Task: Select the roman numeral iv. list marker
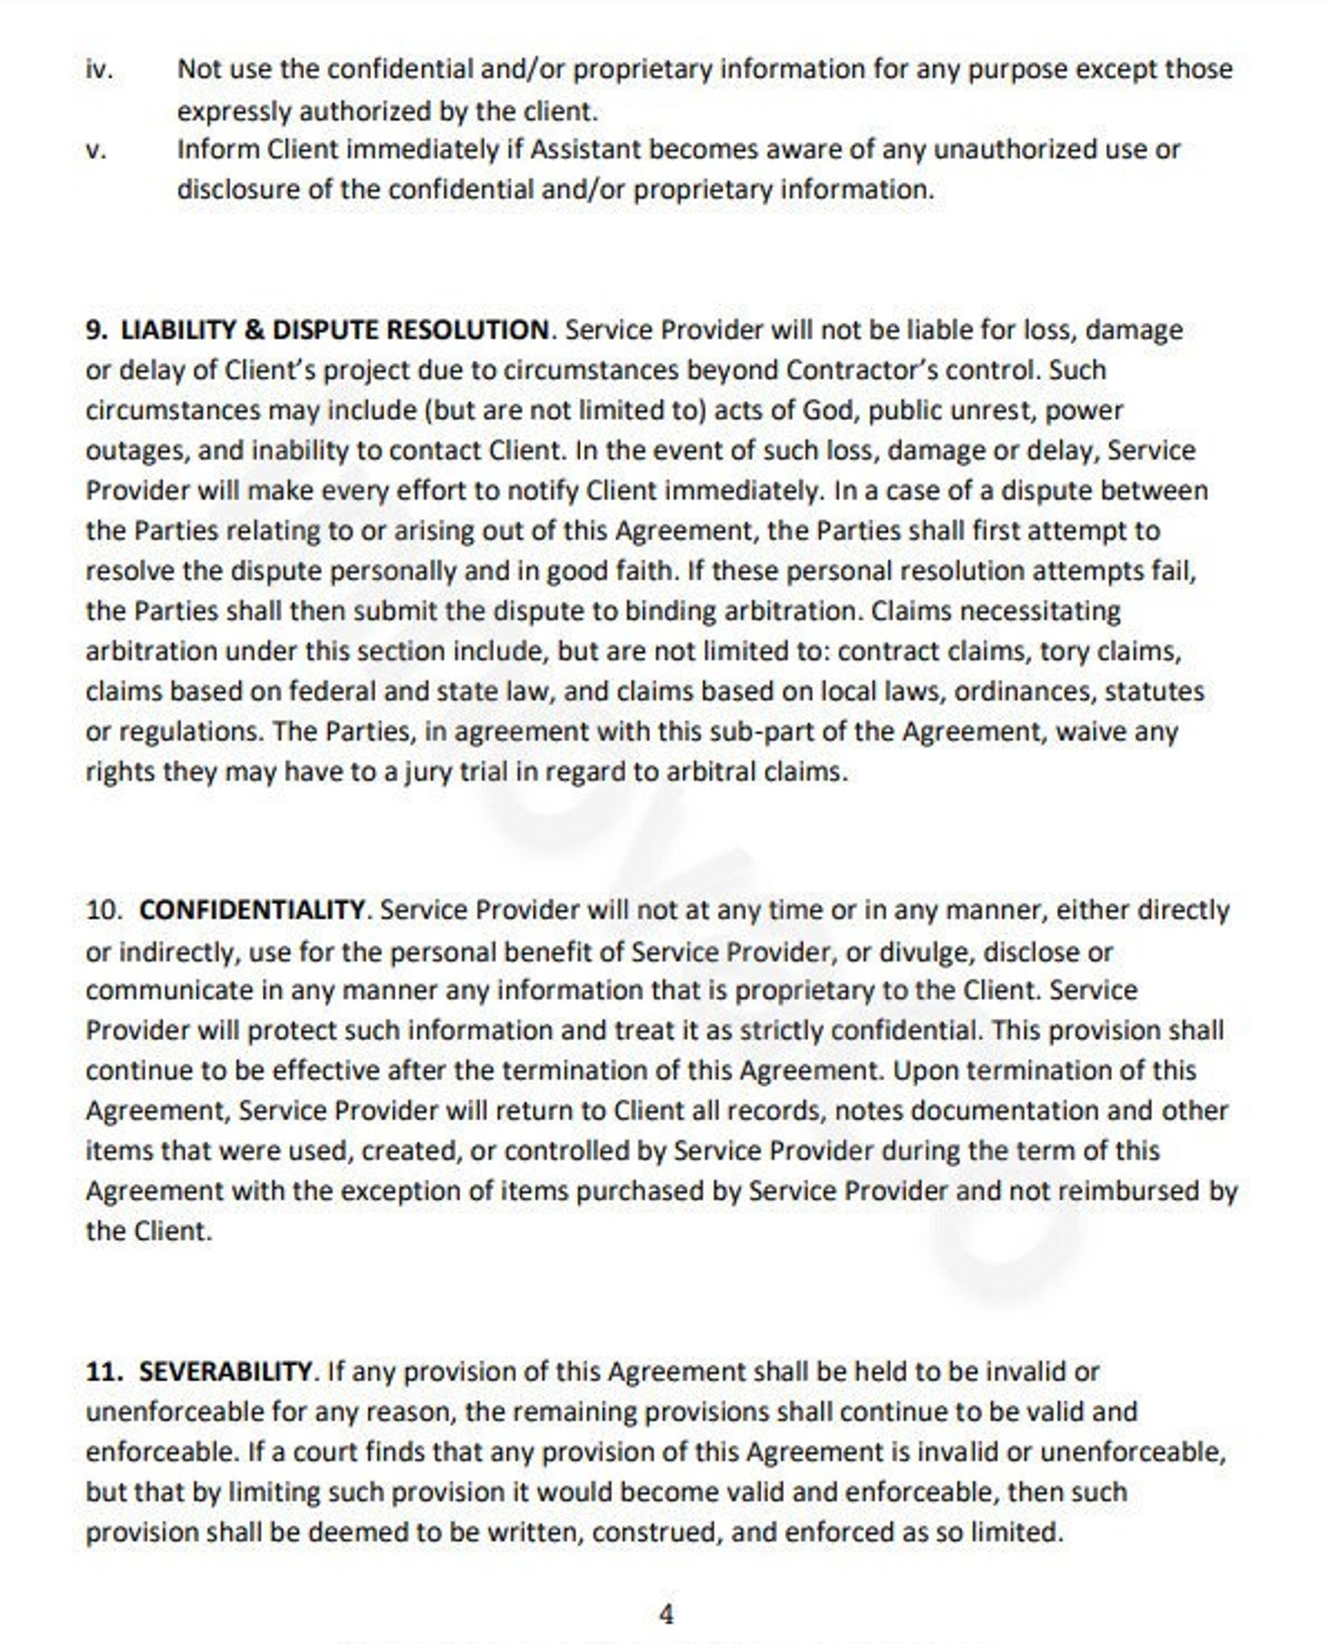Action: click(x=99, y=69)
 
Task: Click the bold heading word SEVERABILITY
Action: click(x=225, y=1372)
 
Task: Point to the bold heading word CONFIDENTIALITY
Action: click(x=252, y=910)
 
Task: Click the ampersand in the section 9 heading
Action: click(x=254, y=330)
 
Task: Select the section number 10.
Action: click(x=104, y=910)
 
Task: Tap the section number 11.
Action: click(x=104, y=1372)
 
